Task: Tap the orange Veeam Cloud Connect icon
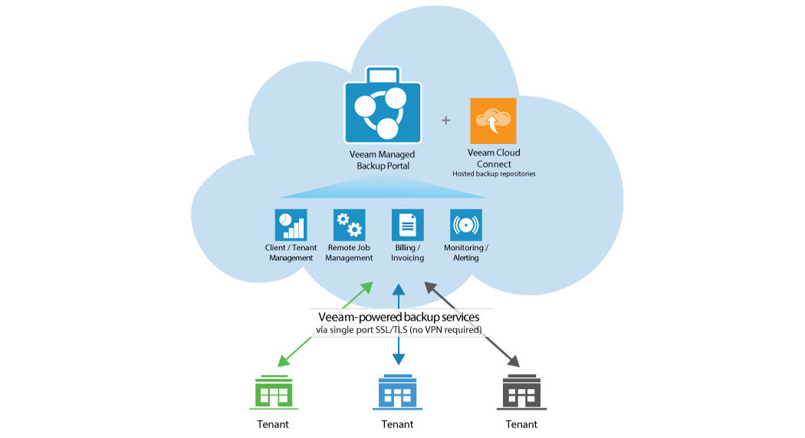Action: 493,120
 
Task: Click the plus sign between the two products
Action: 446,120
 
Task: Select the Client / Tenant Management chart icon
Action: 291,225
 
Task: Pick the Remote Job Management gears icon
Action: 349,225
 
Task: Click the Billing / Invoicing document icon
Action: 407,225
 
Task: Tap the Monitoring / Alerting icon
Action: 465,225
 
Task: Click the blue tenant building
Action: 397,392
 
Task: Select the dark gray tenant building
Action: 521,392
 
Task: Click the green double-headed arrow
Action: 325,324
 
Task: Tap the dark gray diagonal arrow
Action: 471,323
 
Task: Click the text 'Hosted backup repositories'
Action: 494,174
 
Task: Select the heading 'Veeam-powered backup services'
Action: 399,317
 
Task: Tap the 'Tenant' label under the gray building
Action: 521,424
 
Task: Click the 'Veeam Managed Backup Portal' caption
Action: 383,160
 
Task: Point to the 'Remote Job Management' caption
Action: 349,253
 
